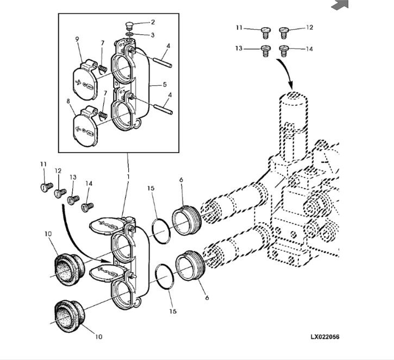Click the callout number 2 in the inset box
tap(153, 22)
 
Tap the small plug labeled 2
tap(129, 26)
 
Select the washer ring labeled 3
tap(129, 34)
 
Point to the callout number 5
tap(165, 84)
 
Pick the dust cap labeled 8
tap(84, 127)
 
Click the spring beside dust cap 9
tap(103, 68)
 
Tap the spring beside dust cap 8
tap(102, 115)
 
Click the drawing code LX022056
tap(325, 337)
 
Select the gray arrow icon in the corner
tap(340, 5)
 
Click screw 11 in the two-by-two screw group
tap(266, 33)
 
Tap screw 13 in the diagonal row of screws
tap(73, 200)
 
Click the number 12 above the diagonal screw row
tap(58, 171)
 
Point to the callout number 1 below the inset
tap(128, 176)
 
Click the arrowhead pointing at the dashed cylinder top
tap(290, 85)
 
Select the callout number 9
tap(77, 39)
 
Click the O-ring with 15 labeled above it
tap(161, 231)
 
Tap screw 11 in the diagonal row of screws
tap(47, 187)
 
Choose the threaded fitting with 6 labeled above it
tap(186, 220)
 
